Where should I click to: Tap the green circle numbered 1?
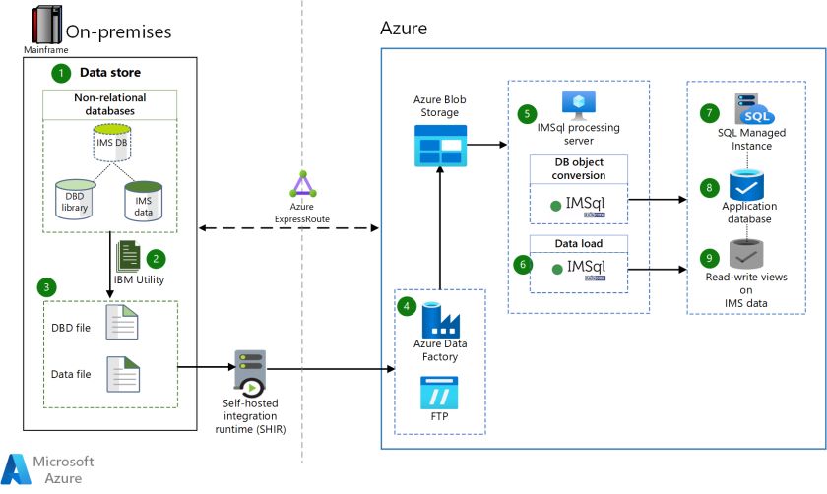tap(61, 72)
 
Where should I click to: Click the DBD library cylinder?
tap(76, 197)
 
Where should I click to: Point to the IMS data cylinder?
tap(143, 199)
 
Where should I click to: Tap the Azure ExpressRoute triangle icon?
tap(300, 185)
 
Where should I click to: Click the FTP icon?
tap(440, 393)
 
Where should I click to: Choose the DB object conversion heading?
tap(579, 168)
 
